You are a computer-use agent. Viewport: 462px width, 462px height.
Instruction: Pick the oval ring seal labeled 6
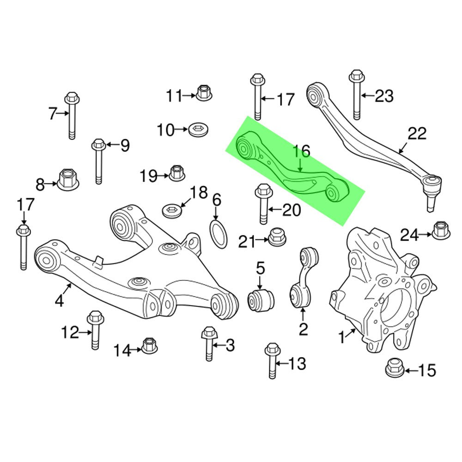219,234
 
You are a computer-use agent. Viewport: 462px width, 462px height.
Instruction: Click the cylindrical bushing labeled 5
262,299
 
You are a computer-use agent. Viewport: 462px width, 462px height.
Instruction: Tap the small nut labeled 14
149,345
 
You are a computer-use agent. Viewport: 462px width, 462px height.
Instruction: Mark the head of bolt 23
355,76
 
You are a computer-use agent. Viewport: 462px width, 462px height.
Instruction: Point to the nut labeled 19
177,173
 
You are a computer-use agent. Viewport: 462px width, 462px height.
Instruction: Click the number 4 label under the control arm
59,301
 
